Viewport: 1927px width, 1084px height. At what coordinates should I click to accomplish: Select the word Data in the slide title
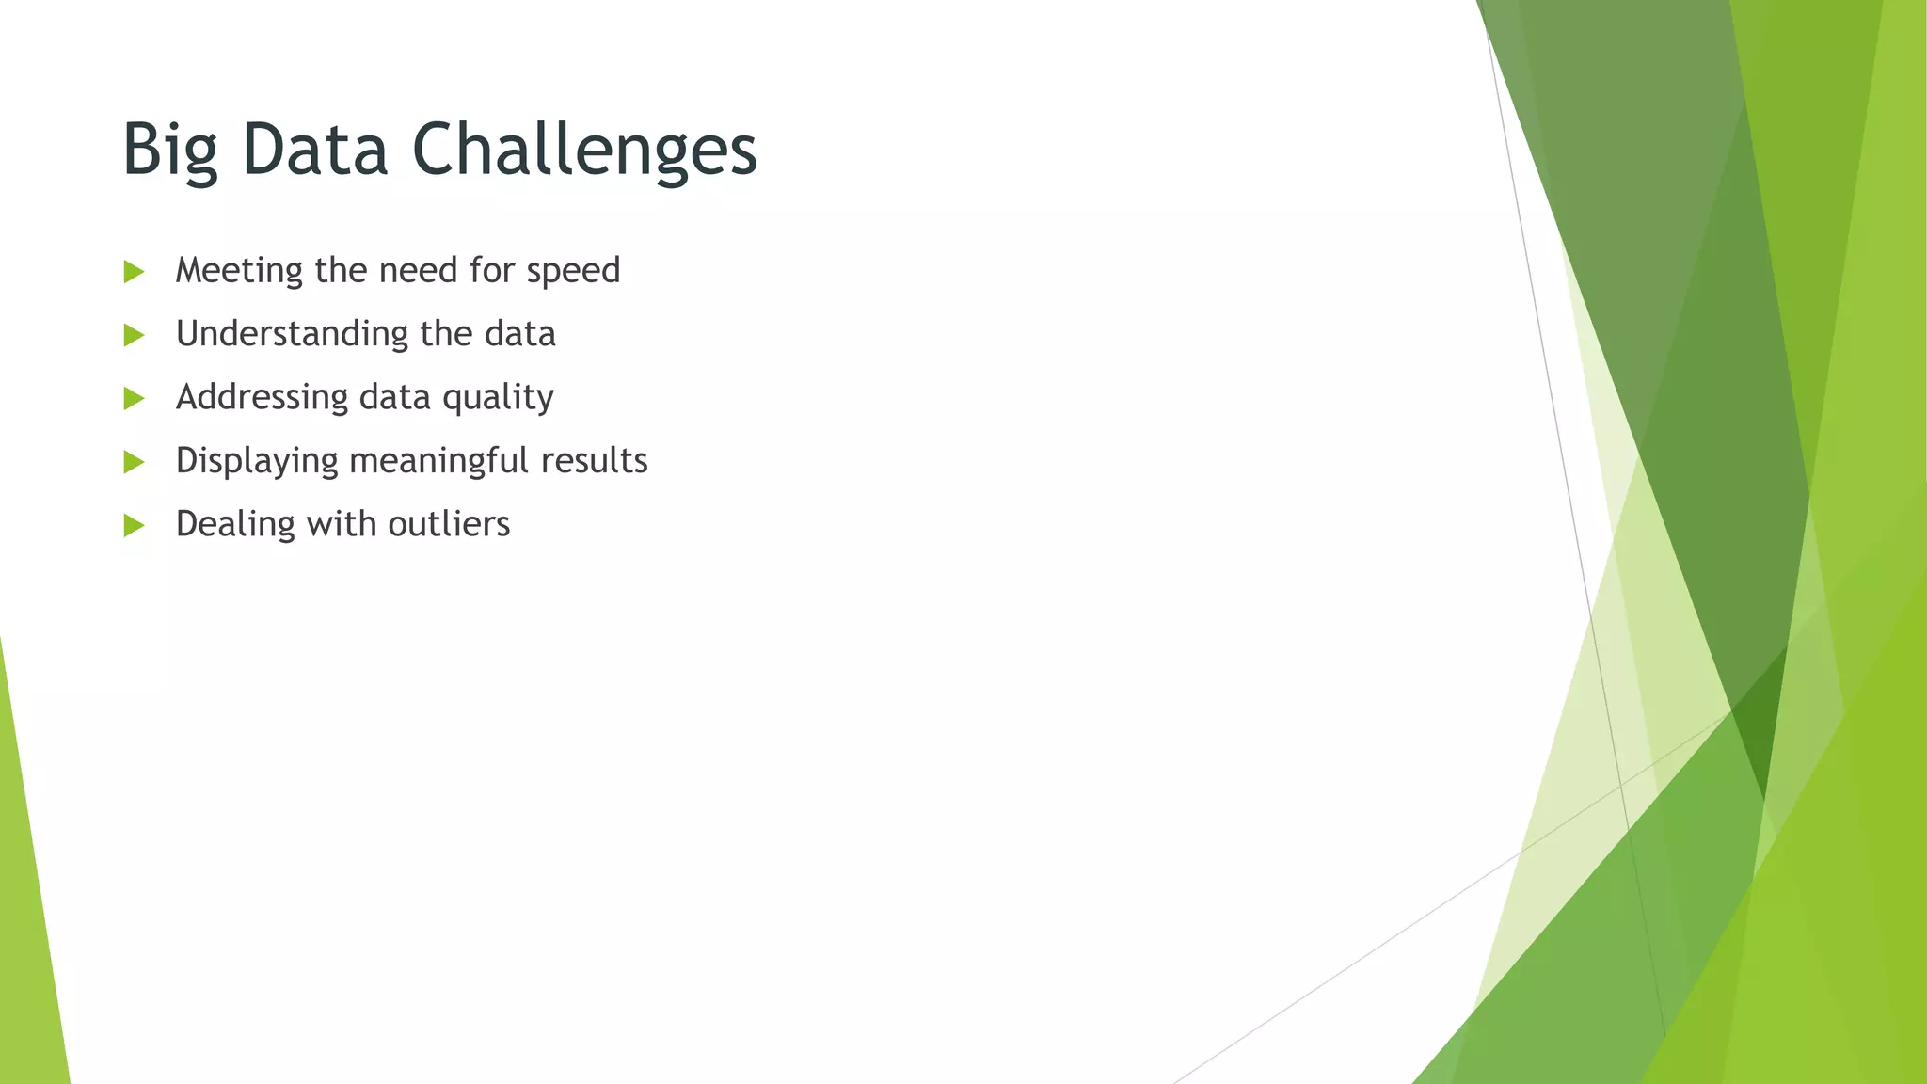tap(314, 150)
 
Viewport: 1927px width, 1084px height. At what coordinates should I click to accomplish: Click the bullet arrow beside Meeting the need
tap(135, 272)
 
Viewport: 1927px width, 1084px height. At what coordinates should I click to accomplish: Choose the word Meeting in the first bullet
tap(239, 271)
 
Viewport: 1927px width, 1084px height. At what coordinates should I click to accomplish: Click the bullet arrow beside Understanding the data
tap(135, 335)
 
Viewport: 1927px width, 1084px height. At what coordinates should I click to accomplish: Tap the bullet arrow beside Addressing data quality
tap(135, 398)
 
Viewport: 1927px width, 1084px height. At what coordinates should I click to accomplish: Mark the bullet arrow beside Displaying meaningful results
tap(135, 462)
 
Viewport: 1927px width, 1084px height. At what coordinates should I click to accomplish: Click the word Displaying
tap(256, 461)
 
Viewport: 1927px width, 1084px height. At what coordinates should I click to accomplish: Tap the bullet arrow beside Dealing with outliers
tap(135, 525)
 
